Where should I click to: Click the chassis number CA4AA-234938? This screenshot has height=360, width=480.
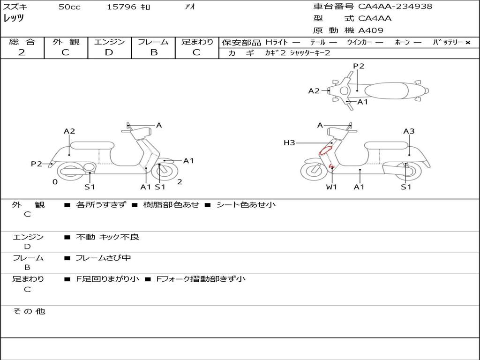395,7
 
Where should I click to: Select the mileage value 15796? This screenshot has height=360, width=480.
121,7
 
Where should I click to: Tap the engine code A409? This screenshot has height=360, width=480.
371,30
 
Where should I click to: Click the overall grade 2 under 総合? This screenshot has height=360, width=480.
22,52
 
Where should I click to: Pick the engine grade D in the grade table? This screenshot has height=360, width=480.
109,52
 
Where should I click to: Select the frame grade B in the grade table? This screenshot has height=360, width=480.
154,52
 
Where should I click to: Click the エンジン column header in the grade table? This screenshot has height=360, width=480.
109,42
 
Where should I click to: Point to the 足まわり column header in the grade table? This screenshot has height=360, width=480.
197,42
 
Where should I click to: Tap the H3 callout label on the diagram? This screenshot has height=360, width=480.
289,142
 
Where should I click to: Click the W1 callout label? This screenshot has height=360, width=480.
332,187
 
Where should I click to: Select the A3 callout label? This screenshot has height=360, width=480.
409,131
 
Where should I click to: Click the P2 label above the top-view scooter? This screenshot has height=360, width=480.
359,66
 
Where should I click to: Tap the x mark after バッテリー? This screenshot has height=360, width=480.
467,43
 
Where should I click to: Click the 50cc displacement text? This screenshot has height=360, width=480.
69,7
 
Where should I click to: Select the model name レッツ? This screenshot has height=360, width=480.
14,19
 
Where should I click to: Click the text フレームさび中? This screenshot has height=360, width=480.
103,258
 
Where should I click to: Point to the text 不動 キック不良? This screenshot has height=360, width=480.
108,237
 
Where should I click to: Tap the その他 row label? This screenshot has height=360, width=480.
29,311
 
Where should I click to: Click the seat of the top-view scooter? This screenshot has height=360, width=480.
387,90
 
